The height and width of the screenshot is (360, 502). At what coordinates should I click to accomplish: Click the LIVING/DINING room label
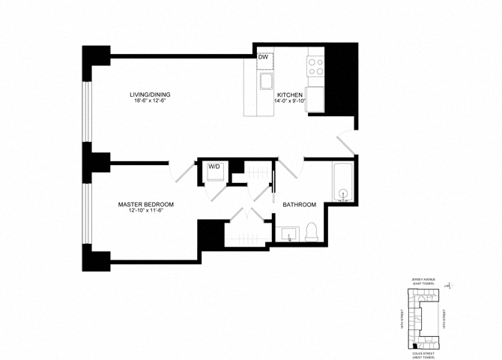pos(150,94)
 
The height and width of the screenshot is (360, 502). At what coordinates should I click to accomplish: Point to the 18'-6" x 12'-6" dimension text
pos(150,101)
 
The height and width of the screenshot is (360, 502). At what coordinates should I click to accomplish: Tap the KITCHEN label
pos(289,94)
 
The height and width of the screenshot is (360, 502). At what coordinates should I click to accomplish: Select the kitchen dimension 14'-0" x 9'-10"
pos(289,101)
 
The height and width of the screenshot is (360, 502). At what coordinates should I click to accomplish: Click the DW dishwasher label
pos(263,57)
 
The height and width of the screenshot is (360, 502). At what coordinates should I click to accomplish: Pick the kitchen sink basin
pos(265,80)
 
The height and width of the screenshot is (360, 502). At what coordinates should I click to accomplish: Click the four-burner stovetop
pos(315,66)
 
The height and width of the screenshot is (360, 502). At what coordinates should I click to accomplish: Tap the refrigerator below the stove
pos(315,98)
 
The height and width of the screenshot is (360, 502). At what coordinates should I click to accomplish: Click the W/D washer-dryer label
pos(214,166)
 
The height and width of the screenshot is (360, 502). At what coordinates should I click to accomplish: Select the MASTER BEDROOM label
pos(146,205)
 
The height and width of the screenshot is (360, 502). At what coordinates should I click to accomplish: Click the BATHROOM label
pos(299,205)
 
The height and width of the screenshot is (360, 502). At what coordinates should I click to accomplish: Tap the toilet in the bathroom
pos(312,232)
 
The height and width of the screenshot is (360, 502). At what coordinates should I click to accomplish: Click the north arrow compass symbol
pos(447,284)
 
